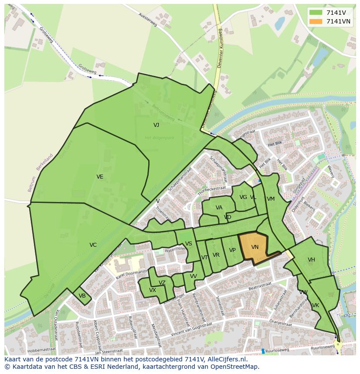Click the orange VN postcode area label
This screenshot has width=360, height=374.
pyautogui.click(x=255, y=247)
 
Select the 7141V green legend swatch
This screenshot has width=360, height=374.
pyautogui.click(x=316, y=13)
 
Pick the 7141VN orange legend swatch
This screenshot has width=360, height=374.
pyautogui.click(x=316, y=21)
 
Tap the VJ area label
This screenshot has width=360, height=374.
pyautogui.click(x=156, y=125)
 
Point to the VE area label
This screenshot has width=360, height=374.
pyautogui.click(x=100, y=177)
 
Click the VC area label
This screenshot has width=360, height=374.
pyautogui.click(x=93, y=245)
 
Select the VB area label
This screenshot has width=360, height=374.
pyautogui.click(x=82, y=296)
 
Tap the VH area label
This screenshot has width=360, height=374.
pyautogui.click(x=311, y=260)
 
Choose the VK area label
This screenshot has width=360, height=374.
pyautogui.click(x=316, y=305)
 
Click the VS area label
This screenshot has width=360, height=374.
pyautogui.click(x=188, y=244)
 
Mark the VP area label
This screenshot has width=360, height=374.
pyautogui.click(x=232, y=250)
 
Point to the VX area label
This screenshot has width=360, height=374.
pyautogui.click(x=152, y=290)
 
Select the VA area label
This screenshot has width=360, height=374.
pyautogui.click(x=219, y=208)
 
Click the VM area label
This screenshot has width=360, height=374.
pyautogui.click(x=271, y=199)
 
